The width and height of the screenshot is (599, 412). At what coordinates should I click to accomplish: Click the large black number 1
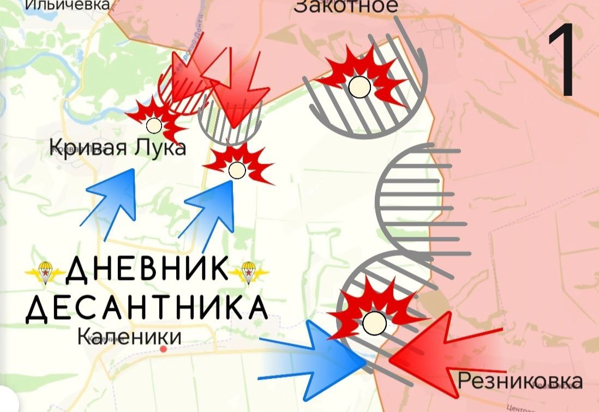(x=562, y=62)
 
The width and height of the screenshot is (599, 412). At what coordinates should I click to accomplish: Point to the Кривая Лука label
(x=118, y=147)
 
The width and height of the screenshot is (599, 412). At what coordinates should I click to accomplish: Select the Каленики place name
(x=129, y=337)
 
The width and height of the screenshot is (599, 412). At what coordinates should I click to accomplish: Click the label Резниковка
(x=519, y=380)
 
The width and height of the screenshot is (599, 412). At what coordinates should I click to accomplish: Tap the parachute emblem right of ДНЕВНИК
(x=248, y=271)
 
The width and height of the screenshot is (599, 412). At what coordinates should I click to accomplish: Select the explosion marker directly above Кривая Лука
(x=155, y=121)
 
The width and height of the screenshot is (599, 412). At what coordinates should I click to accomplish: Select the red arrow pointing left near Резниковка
(x=436, y=349)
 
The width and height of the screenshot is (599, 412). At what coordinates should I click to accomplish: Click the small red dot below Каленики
(x=163, y=348)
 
